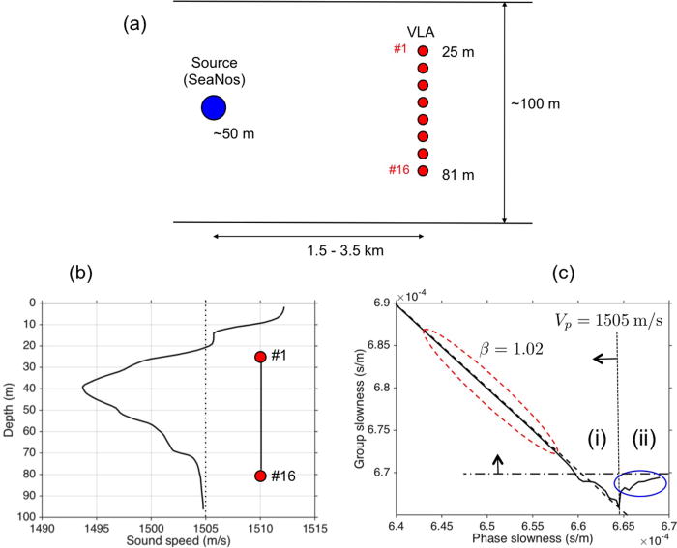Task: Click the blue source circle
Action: [213, 107]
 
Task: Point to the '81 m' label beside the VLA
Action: [456, 175]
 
